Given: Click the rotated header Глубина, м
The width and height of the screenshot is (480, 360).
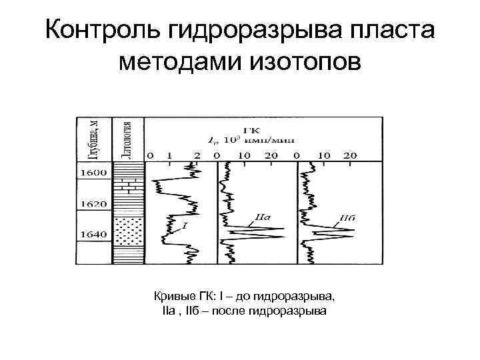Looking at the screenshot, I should pyautogui.click(x=95, y=139).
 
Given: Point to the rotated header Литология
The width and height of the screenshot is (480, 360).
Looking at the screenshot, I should pyautogui.click(x=126, y=139).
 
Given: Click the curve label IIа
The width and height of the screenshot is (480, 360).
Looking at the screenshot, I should pyautogui.click(x=261, y=217).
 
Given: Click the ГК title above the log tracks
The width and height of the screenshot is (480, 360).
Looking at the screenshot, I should pyautogui.click(x=251, y=129).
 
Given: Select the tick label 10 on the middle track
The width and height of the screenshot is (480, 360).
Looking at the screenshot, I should pyautogui.click(x=245, y=155).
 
